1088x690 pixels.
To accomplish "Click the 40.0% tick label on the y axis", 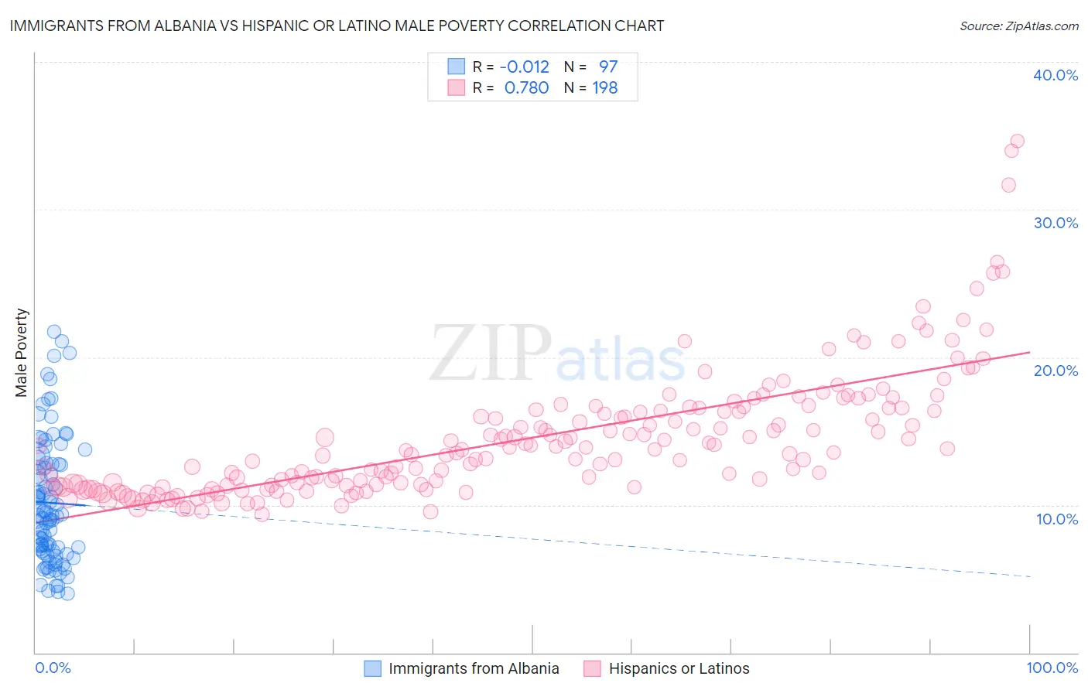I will click(x=1055, y=75).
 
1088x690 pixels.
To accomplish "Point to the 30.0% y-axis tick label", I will click(x=1055, y=223).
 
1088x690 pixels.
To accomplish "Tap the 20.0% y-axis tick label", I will click(x=1055, y=371).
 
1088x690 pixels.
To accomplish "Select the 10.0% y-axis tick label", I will click(x=1055, y=519).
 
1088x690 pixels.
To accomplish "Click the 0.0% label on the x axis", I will click(x=53, y=668).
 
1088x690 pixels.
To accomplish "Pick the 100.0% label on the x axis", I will click(x=1052, y=668).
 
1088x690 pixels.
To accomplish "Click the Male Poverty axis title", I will click(x=22, y=353).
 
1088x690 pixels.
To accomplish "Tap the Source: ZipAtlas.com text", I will click(x=1018, y=26).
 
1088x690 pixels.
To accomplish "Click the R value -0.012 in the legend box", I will click(x=524, y=67).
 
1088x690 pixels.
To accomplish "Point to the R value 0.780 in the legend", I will click(x=526, y=88).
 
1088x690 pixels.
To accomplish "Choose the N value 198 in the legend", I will click(x=605, y=88).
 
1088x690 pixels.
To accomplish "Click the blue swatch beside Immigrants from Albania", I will click(x=372, y=668).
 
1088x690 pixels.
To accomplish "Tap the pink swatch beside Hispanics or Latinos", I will click(x=593, y=668).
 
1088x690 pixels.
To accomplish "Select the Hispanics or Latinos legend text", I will click(x=679, y=668).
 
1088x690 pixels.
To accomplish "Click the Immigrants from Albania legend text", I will click(x=474, y=668).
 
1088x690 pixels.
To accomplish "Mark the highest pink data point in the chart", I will click(x=1017, y=141).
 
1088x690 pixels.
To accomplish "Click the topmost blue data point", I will click(x=54, y=332).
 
